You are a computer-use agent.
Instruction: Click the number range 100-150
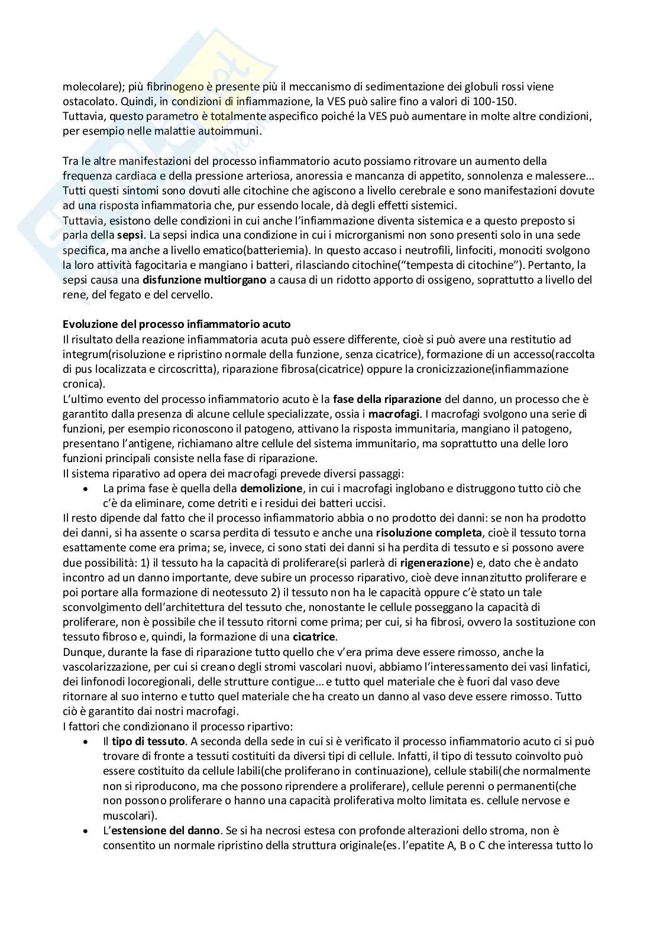click(495, 101)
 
